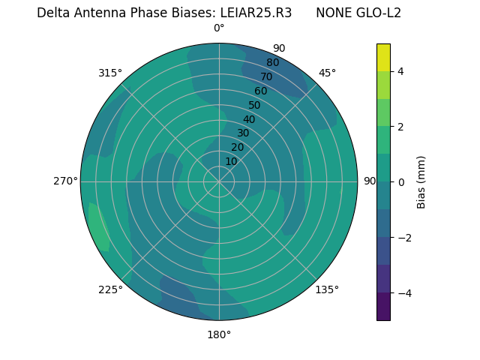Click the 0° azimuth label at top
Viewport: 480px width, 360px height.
point(219,28)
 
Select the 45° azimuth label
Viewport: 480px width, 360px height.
point(327,73)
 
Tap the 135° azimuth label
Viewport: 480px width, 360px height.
point(327,289)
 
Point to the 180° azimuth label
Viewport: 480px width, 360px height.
point(219,334)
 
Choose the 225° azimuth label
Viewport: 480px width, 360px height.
point(110,289)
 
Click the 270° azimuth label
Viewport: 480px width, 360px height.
point(65,181)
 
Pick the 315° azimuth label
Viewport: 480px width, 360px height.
point(110,73)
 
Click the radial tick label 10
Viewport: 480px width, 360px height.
point(231,161)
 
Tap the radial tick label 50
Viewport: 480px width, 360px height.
point(255,105)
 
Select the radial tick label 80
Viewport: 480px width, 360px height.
point(273,62)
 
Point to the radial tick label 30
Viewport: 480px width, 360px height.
point(243,133)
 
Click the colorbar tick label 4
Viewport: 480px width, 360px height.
point(401,71)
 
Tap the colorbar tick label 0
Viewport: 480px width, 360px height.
point(401,182)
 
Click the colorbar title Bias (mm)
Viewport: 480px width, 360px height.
point(421,182)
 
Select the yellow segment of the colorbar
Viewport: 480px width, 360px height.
point(383,58)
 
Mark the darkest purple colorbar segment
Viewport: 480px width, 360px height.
point(383,307)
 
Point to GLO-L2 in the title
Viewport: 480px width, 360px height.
point(379,13)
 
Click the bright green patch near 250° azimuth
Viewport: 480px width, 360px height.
point(99,227)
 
